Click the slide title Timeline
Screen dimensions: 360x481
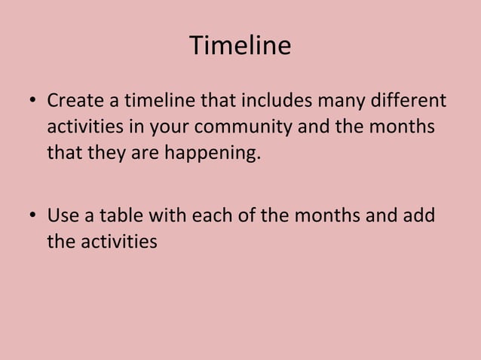click(x=240, y=46)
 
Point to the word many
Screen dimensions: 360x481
click(x=332, y=100)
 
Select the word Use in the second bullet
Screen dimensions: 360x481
click(x=62, y=216)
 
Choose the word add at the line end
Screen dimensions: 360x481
click(x=419, y=216)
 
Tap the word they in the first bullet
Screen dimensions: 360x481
click(x=96, y=154)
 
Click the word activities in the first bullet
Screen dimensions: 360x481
click(x=86, y=127)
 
